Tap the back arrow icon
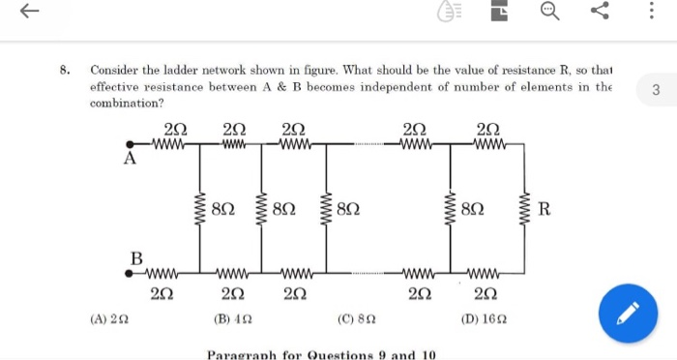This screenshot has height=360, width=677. [30, 12]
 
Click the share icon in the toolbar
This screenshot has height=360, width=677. [600, 12]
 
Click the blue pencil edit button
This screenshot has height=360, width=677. [626, 313]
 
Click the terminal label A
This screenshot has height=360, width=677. [129, 160]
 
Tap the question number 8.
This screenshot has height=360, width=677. [64, 71]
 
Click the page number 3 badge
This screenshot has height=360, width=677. [656, 91]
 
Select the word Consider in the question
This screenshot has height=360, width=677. [115, 71]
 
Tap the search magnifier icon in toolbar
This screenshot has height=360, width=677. [549, 12]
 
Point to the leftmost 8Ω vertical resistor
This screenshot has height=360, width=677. [200, 209]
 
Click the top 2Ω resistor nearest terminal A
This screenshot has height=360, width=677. [170, 144]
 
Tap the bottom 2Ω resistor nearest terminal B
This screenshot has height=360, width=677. [163, 274]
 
